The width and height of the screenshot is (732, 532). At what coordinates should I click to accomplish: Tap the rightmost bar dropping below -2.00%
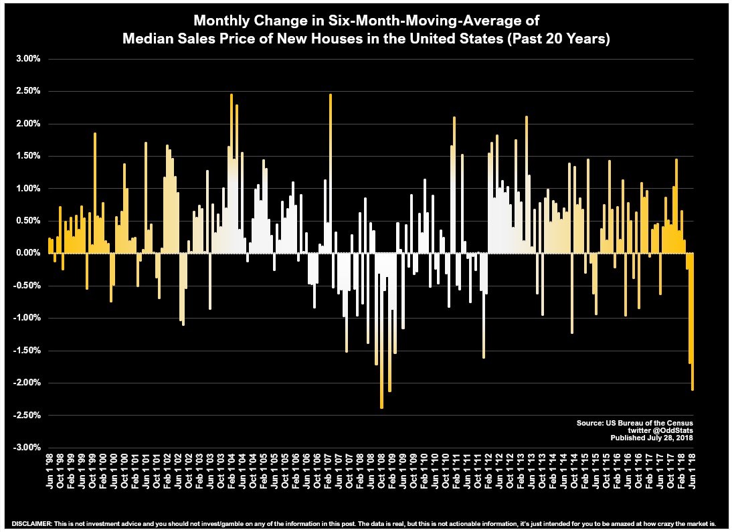[x=692, y=321]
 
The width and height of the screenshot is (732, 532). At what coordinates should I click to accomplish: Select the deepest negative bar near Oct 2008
[x=381, y=331]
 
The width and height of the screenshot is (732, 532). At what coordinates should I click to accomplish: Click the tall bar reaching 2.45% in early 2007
[x=331, y=173]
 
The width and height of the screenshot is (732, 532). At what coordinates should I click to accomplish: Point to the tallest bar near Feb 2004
[x=232, y=173]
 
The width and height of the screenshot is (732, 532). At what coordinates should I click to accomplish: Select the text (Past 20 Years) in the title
[x=561, y=38]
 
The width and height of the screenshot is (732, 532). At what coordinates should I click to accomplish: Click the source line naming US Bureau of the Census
[x=635, y=424]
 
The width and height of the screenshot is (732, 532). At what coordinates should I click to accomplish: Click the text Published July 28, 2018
[x=652, y=438]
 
